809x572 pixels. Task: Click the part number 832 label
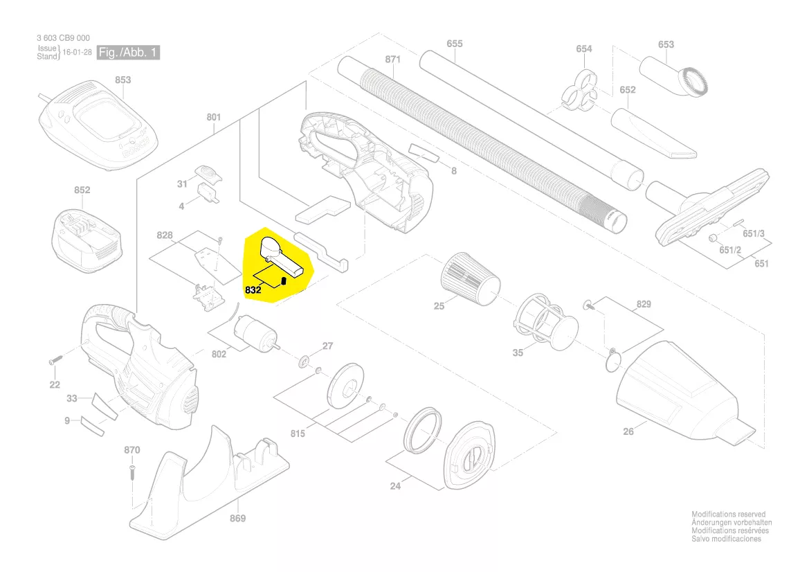pyautogui.click(x=253, y=291)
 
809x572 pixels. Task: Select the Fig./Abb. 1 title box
pyautogui.click(x=129, y=53)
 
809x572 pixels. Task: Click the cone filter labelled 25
pyautogui.click(x=470, y=278)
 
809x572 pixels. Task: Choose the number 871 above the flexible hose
pyautogui.click(x=392, y=60)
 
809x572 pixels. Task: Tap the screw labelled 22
pyautogui.click(x=56, y=361)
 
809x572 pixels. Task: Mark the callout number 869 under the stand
pyautogui.click(x=237, y=518)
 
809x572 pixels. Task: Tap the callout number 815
pyautogui.click(x=298, y=434)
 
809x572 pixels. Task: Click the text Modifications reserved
pyautogui.click(x=728, y=515)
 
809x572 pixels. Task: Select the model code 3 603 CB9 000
pyautogui.click(x=63, y=39)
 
